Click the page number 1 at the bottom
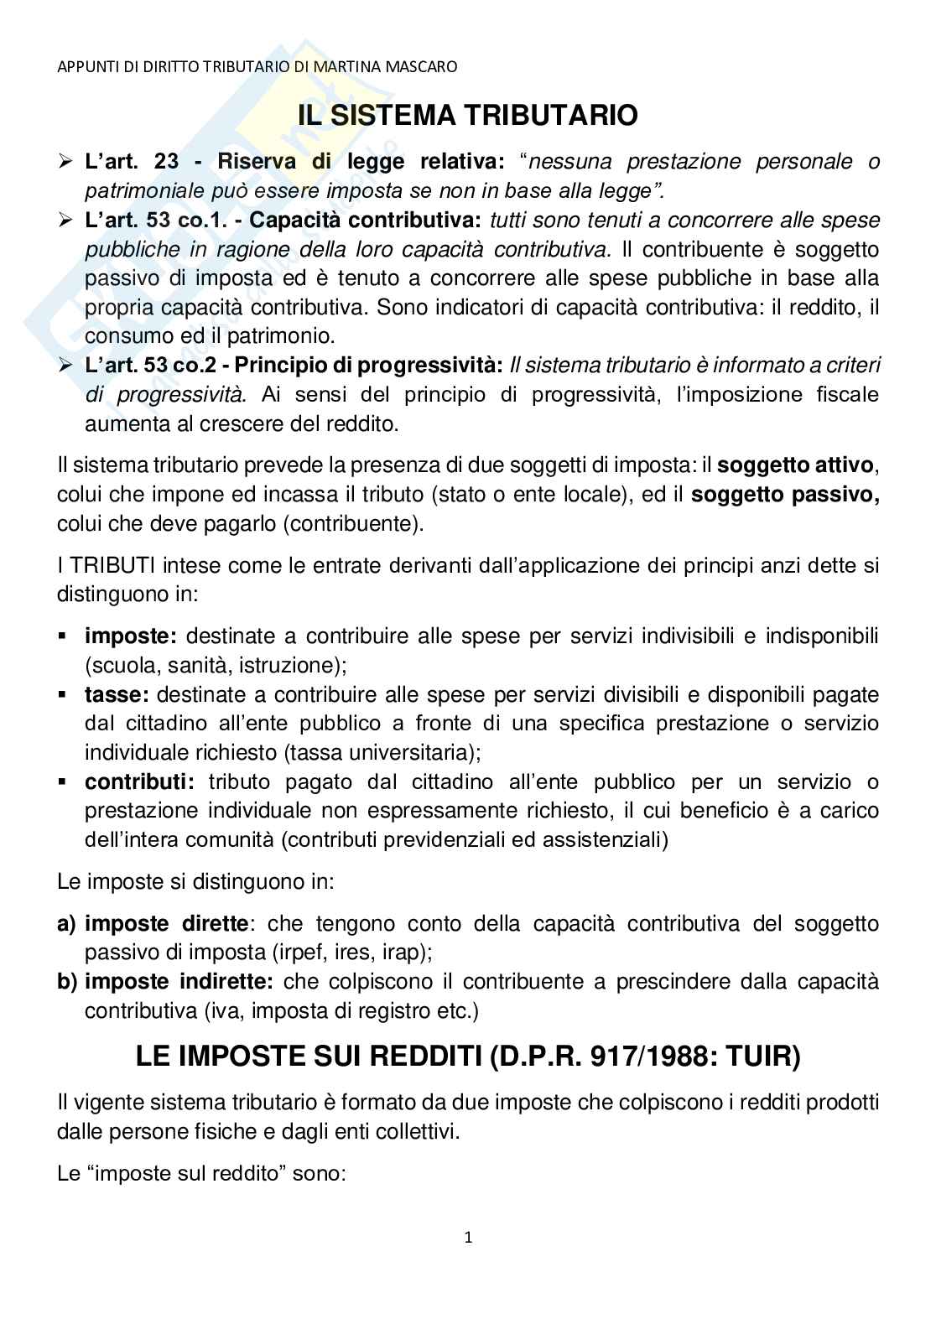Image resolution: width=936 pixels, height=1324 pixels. (x=468, y=1237)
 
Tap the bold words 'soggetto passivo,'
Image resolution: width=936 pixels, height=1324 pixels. (x=785, y=494)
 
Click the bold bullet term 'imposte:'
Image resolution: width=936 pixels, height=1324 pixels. (x=132, y=636)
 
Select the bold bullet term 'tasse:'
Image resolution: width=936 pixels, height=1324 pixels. (x=117, y=694)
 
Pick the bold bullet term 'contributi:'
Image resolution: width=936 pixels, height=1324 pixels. (x=139, y=781)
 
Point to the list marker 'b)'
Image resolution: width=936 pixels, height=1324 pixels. (x=67, y=981)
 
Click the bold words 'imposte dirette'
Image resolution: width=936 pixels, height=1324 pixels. (x=167, y=923)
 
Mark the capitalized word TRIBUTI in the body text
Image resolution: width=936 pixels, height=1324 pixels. (x=107, y=565)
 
